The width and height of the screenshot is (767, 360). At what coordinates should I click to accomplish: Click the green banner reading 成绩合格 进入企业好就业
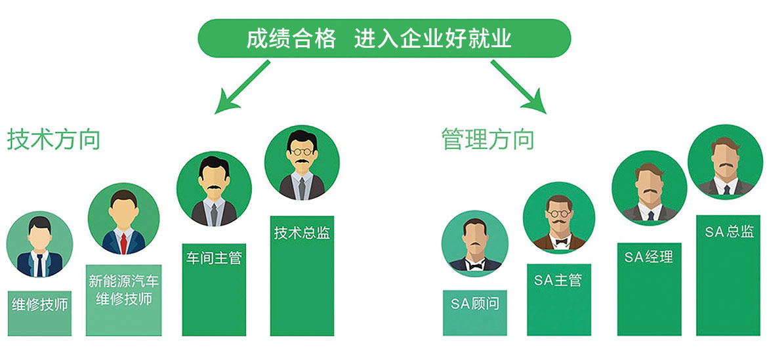pyautogui.click(x=384, y=39)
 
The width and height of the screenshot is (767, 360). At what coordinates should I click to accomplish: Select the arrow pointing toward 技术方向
pyautogui.click(x=242, y=85)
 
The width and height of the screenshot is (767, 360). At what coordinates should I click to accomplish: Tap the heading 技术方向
pyautogui.click(x=54, y=140)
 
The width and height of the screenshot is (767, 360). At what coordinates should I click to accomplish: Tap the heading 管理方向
pyautogui.click(x=488, y=140)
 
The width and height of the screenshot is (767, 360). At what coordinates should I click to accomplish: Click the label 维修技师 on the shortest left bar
pyautogui.click(x=39, y=305)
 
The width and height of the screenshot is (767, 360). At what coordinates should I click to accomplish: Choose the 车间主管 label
pyautogui.click(x=213, y=258)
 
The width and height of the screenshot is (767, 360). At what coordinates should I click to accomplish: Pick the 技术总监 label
pyautogui.click(x=302, y=233)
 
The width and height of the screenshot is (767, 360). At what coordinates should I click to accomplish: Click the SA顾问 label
pyautogui.click(x=474, y=304)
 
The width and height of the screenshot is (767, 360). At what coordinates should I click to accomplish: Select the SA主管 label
pyautogui.click(x=558, y=280)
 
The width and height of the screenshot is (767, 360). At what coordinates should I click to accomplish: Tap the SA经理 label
pyautogui.click(x=648, y=256)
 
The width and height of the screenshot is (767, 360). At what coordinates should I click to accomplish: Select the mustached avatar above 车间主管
pyautogui.click(x=214, y=190)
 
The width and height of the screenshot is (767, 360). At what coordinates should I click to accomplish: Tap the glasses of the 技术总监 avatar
pyautogui.click(x=302, y=149)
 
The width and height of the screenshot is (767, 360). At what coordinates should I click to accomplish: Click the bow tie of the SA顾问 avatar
pyautogui.click(x=474, y=262)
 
